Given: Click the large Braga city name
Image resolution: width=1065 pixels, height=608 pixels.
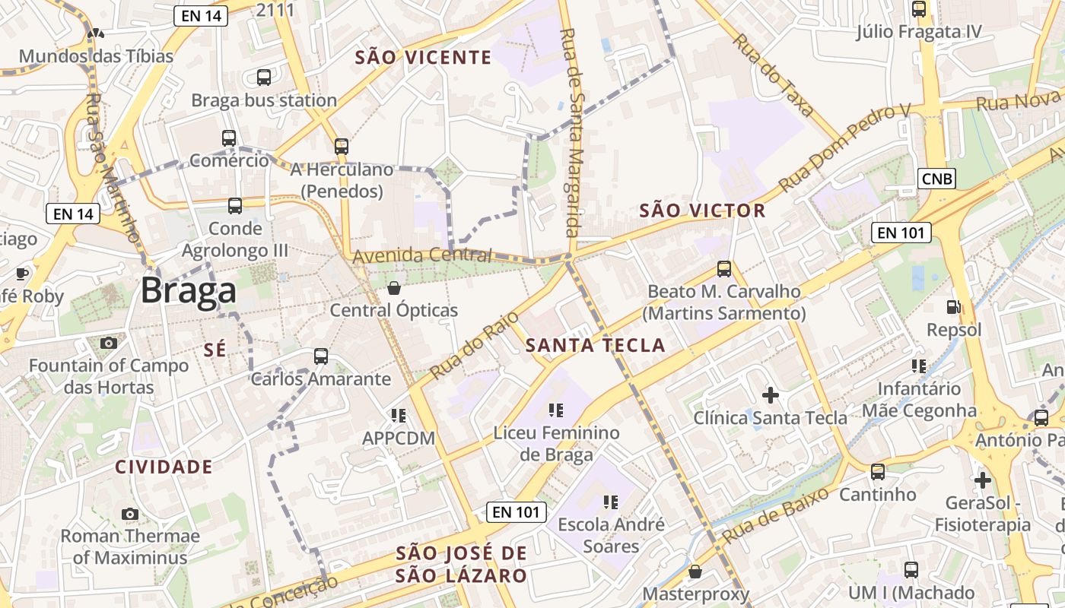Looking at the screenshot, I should point(188,291).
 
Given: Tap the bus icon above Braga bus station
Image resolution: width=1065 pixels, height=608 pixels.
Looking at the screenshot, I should point(264,78).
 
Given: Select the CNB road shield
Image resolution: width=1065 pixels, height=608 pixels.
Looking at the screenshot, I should point(936,179).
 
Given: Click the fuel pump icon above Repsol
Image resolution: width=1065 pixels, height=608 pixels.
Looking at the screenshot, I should point(952,307).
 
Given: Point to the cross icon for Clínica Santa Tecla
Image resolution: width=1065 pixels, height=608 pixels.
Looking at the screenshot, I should point(771,395).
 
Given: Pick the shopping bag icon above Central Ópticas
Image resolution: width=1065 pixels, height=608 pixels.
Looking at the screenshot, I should point(394,288).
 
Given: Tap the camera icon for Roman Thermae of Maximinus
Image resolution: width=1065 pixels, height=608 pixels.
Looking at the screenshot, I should point(130,514).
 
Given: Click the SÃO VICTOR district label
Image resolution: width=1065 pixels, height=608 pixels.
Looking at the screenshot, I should point(702,211).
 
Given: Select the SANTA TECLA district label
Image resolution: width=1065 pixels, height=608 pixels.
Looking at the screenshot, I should point(595,346).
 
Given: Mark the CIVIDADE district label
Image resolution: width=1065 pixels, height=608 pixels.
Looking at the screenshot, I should point(164,467).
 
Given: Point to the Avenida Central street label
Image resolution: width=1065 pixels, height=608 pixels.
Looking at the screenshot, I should point(422,255).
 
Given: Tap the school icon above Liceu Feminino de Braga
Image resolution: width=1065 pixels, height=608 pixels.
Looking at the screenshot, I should point(556,410).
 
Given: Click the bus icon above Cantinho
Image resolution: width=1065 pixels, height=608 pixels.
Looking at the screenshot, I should point(878,472).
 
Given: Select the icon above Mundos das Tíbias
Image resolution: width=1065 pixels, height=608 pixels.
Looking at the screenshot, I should point(96,33).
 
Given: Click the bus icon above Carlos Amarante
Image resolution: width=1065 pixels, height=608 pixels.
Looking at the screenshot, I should point(321,356).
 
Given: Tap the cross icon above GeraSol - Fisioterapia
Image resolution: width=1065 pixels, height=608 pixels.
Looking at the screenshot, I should point(982,480).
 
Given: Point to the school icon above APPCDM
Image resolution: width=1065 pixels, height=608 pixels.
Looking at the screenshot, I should point(398,416).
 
